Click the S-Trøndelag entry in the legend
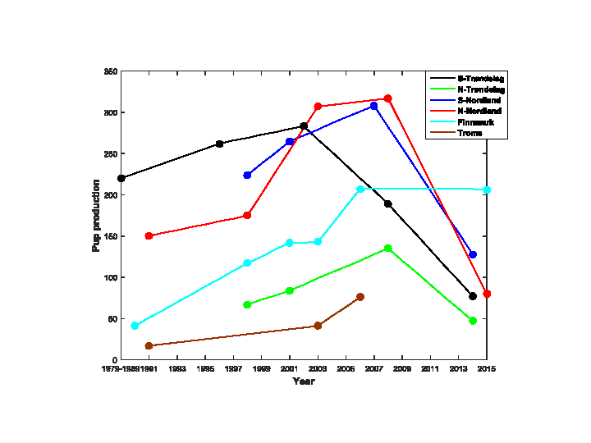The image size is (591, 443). click(x=481, y=78)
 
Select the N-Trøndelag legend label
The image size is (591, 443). click(x=481, y=89)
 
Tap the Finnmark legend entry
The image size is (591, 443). click(x=476, y=121)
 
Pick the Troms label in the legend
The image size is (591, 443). click(x=470, y=133)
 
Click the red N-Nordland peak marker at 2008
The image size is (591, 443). click(x=388, y=98)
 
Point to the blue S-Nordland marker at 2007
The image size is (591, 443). click(x=374, y=106)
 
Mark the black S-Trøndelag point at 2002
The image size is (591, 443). click(x=304, y=126)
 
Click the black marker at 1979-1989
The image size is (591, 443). click(x=121, y=178)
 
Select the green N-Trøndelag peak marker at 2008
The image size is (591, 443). click(x=388, y=248)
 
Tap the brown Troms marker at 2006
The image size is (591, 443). click(x=360, y=297)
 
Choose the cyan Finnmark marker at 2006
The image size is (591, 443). click(x=360, y=189)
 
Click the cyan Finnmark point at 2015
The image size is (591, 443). click(x=487, y=190)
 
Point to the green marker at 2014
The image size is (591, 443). click(x=473, y=321)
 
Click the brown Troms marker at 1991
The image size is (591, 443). click(x=149, y=346)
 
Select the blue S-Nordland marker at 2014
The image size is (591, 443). click(x=473, y=254)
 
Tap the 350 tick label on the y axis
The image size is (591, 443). click(x=109, y=72)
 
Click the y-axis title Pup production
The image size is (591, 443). click(x=96, y=216)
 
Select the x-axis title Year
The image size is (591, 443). click(x=304, y=381)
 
